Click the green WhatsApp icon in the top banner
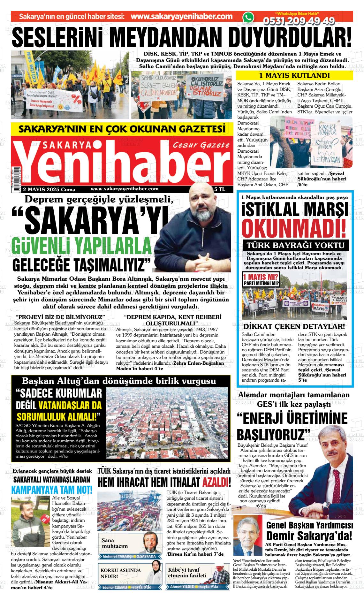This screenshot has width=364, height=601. [x=248, y=17]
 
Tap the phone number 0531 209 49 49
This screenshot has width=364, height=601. [x=299, y=21]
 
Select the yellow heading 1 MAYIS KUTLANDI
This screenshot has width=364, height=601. [x=294, y=76]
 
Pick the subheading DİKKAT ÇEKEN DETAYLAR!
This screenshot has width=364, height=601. [x=294, y=326]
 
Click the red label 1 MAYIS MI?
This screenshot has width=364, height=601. [x=261, y=276]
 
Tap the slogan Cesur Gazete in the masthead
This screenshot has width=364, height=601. [x=201, y=145]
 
